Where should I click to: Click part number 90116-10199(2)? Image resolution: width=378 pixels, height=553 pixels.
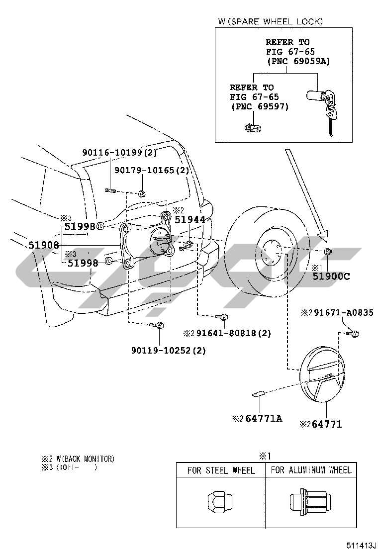coord(119,152)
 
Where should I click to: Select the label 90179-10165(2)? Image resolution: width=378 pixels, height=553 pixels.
coord(152,171)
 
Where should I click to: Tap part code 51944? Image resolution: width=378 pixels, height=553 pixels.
coord(189,219)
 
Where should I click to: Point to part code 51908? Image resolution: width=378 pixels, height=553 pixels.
coord(44,245)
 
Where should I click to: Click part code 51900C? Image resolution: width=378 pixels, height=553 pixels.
coord(331,276)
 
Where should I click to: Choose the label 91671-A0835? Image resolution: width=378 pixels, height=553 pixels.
coord(344,312)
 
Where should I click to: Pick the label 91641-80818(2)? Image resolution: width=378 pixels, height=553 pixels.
coord(233,333)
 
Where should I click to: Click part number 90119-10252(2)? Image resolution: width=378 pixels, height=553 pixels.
coord(169,351)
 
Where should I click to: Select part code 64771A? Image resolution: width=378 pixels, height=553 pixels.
coord(264,419)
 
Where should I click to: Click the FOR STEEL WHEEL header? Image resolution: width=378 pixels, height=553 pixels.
coord(221,470)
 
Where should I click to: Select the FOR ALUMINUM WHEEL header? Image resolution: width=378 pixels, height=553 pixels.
coord(311,470)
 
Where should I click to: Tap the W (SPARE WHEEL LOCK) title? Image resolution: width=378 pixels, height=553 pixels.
coord(271,21)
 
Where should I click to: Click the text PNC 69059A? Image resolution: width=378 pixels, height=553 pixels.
coord(298,61)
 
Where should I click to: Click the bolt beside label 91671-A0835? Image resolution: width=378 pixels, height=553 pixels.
coord(353,333)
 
